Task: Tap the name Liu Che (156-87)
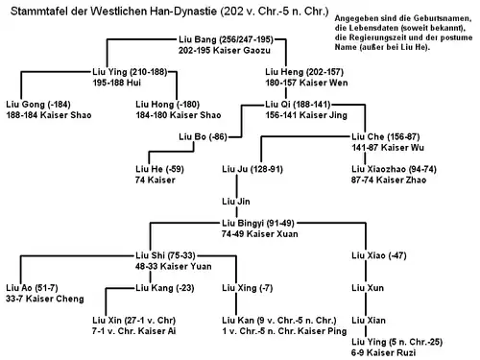[382, 136]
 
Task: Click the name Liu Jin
[234, 201]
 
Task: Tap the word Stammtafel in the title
[35, 9]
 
